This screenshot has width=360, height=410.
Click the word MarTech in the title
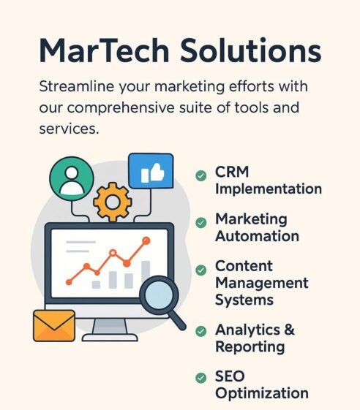click(104, 50)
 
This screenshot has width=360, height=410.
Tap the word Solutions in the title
click(250, 50)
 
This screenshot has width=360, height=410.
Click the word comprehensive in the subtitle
click(121, 108)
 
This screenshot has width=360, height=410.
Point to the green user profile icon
click(72, 178)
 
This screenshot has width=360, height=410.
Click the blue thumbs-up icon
click(151, 171)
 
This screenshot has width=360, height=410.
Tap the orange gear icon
click(113, 202)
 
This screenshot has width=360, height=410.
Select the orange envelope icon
click(54, 325)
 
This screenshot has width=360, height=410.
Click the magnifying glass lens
click(159, 295)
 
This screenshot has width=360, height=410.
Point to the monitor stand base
click(110, 338)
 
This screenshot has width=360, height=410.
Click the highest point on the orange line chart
click(146, 240)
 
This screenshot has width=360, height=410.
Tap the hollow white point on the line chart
click(113, 253)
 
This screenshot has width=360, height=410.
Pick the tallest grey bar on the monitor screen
click(146, 270)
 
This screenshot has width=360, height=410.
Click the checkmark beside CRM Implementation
click(201, 175)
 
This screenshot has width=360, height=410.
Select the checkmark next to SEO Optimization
click(201, 378)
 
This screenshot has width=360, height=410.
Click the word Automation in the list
click(257, 236)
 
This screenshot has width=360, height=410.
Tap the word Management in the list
click(262, 284)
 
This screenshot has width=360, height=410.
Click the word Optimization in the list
click(262, 393)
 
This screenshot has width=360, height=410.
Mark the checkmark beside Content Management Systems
click(201, 270)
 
